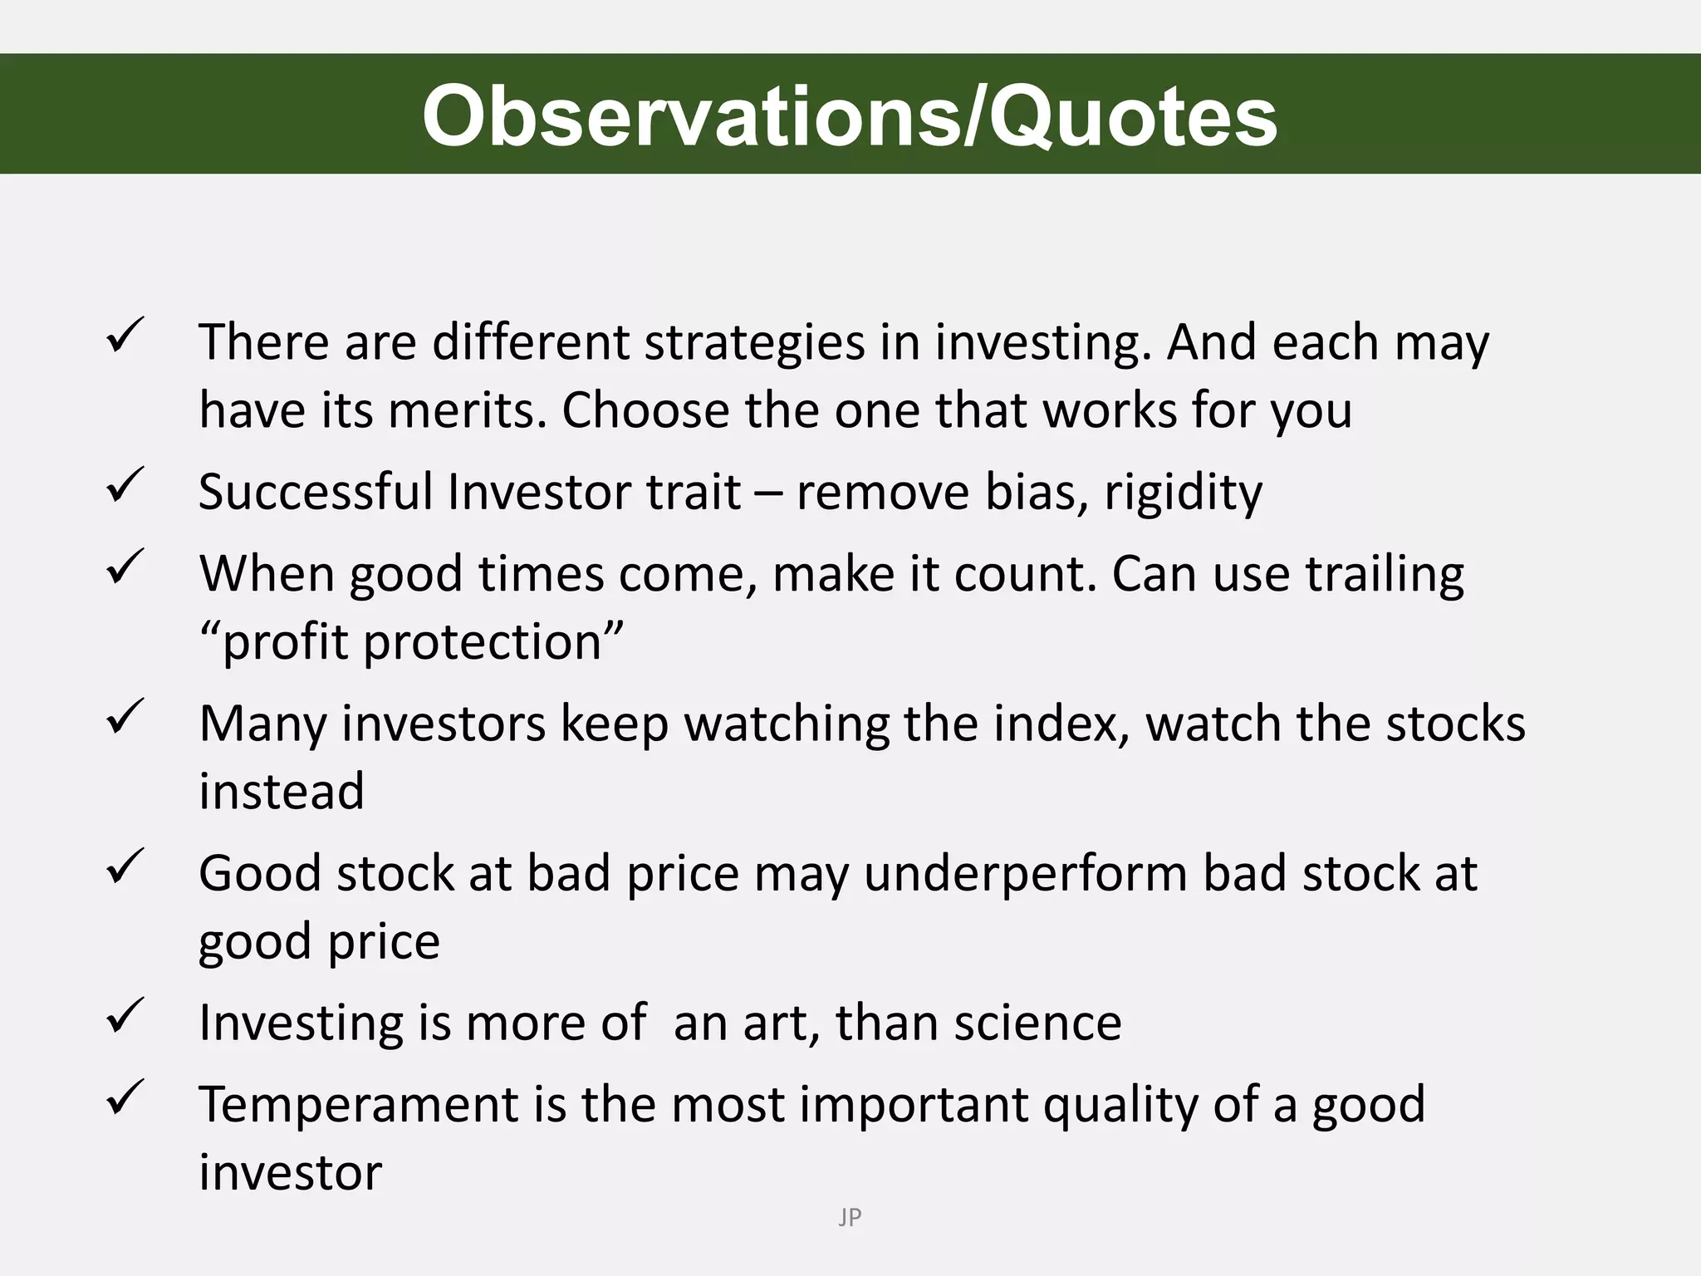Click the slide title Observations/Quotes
coord(850,116)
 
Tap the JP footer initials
coord(850,1217)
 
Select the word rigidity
coord(1183,493)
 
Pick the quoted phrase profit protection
coord(411,642)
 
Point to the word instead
coord(282,791)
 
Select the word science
coord(1037,1023)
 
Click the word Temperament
coord(358,1106)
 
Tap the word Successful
coord(315,492)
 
